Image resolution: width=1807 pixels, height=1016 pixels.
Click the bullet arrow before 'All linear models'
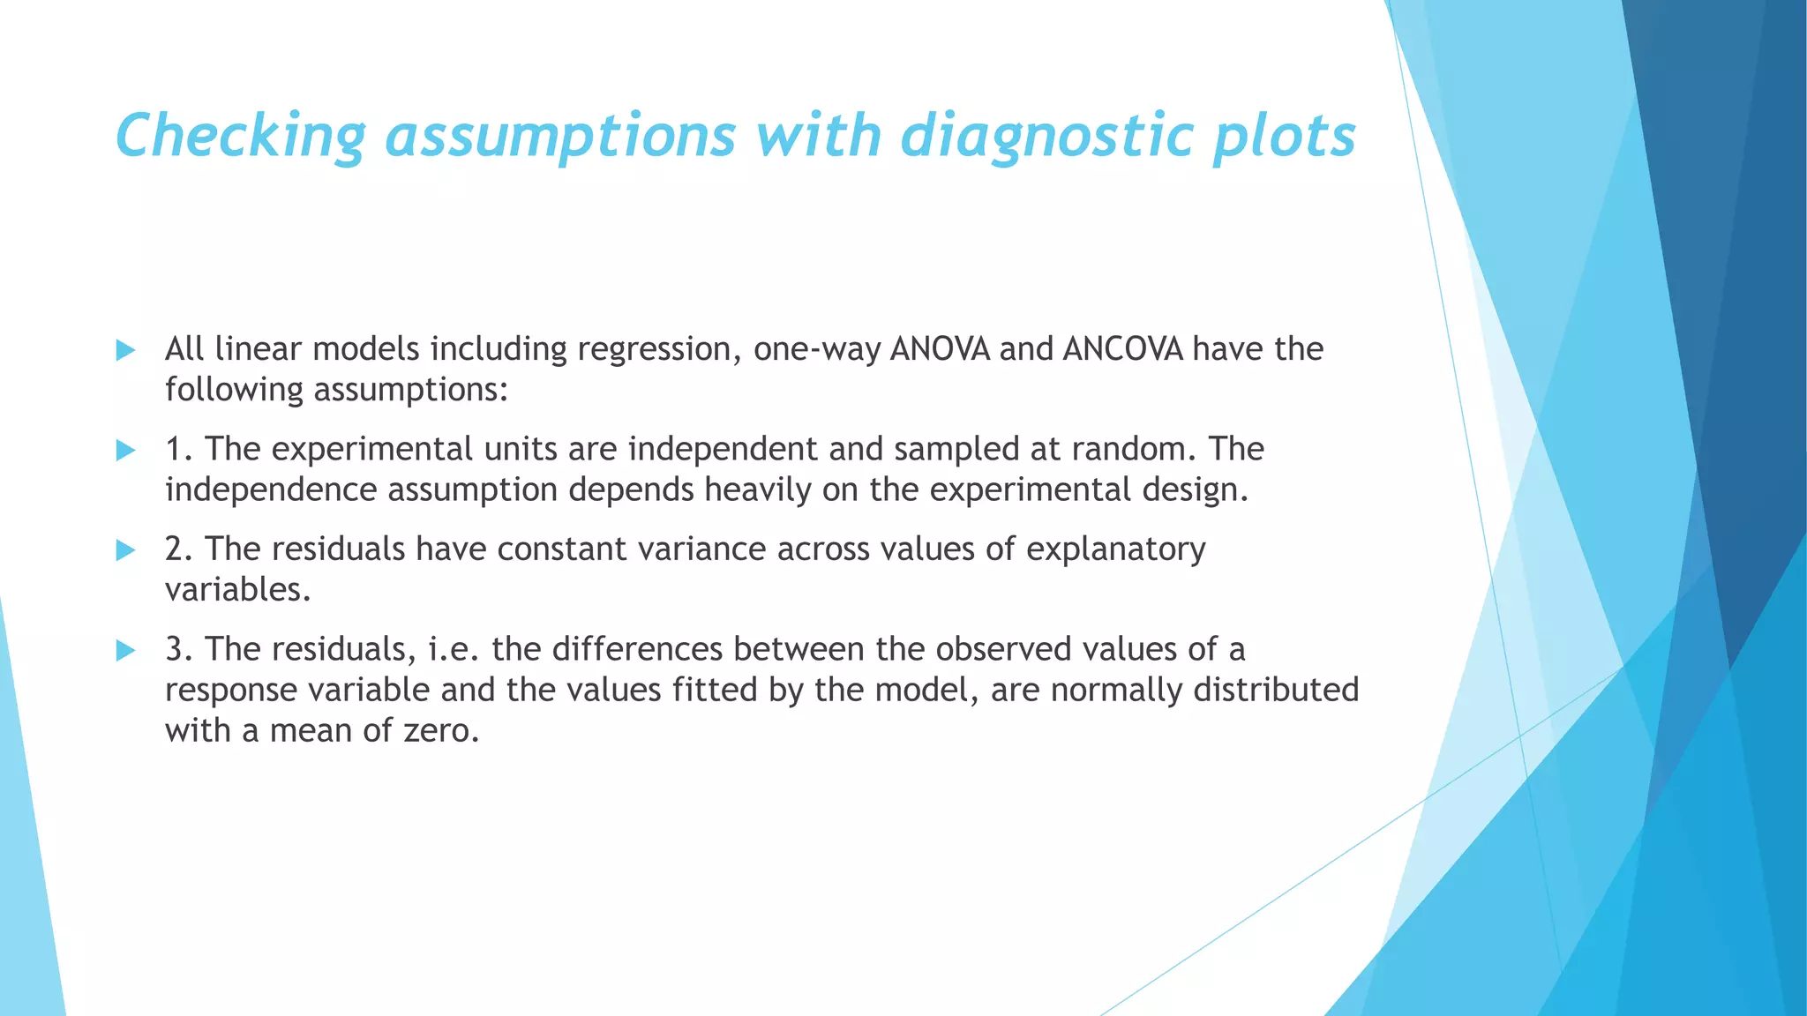pos(125,350)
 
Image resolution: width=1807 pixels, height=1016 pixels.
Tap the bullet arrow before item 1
pos(125,451)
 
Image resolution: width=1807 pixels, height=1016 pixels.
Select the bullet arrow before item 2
pos(125,551)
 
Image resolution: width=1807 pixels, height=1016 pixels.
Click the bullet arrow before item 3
pos(125,651)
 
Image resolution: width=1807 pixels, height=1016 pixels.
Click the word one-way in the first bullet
pos(816,350)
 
